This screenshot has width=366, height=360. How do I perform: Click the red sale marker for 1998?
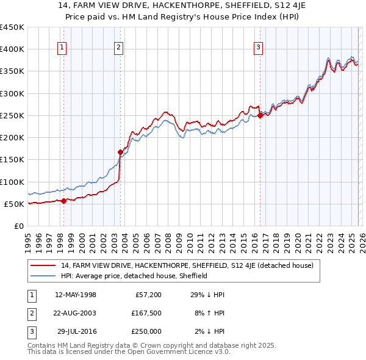(x=63, y=201)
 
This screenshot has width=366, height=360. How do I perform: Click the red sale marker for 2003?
(x=120, y=152)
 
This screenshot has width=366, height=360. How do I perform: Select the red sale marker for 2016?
(x=260, y=115)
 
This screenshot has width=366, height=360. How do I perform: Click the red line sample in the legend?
(x=44, y=265)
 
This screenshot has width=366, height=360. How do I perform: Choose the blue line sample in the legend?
(x=44, y=276)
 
